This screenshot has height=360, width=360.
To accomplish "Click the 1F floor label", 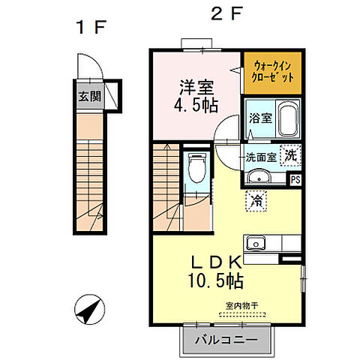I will point(90,28).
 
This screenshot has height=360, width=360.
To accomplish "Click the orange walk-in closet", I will point(271,73).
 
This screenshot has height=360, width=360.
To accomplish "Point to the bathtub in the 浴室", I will point(289,118).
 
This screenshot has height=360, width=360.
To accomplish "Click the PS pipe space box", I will point(295,178).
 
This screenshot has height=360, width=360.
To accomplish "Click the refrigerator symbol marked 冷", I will point(256,199).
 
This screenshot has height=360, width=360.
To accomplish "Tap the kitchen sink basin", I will point(255,243).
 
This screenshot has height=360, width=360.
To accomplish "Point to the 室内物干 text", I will point(241,305).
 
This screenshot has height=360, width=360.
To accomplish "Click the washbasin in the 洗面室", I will point(259,177).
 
